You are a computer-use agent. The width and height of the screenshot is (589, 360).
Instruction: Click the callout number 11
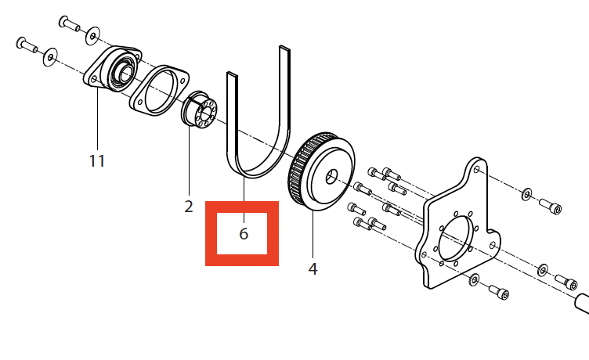coord(97,161)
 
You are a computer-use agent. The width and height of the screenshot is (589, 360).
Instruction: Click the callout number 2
coord(189,207)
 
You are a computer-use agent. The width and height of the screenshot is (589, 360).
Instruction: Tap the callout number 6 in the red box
coord(244,233)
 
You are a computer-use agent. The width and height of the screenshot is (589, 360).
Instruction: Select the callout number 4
coord(313,268)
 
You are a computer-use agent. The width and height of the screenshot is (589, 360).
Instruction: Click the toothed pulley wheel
coord(322,171)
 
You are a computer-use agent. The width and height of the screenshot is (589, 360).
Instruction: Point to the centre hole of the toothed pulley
coord(331,176)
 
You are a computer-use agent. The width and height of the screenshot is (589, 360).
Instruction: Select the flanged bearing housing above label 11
coord(112,69)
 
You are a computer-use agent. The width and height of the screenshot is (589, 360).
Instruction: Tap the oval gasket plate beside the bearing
coord(159,90)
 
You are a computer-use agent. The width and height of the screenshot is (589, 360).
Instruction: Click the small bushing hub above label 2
coord(200,110)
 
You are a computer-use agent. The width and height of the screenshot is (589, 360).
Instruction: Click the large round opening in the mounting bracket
coord(454,238)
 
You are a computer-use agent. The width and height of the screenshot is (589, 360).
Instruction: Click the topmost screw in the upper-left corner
coord(69,23)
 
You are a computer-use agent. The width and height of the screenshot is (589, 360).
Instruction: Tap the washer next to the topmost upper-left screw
coord(92,35)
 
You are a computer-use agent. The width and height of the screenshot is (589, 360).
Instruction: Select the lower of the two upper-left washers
coord(50,57)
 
